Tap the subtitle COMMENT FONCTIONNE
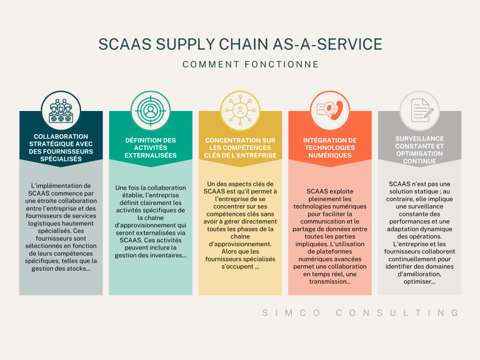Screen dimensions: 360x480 [240, 64]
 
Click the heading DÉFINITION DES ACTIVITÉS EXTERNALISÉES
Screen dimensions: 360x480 [150, 148]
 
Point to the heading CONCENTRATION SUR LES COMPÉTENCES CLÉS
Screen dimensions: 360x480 [240, 148]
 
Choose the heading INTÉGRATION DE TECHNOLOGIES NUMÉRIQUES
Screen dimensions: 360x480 [329, 148]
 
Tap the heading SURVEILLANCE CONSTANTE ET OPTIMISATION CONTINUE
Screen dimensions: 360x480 [419, 149]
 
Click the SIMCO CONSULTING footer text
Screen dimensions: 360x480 [361, 313]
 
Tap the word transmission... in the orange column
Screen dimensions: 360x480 [329, 281]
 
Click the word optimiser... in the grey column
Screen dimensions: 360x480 [419, 281]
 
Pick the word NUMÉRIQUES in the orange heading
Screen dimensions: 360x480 [329, 155]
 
